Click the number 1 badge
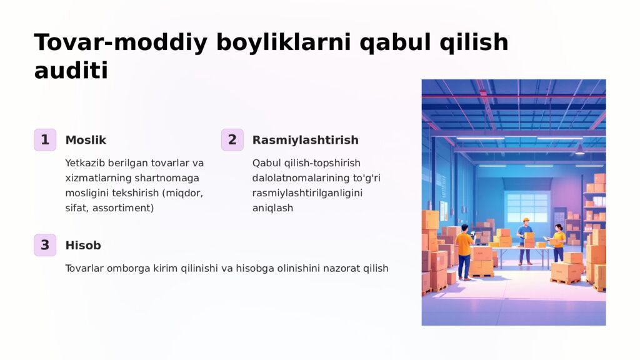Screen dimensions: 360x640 click(45, 140)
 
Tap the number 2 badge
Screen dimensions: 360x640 click(232, 140)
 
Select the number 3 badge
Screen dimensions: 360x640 click(45, 245)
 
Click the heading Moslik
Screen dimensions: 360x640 click(86, 140)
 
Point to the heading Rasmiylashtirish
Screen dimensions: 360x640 click(305, 140)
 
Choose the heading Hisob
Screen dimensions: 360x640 click(83, 246)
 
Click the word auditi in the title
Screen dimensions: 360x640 click(71, 71)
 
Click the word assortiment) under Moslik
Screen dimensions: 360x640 click(123, 208)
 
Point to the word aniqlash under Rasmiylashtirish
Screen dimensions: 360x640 click(272, 208)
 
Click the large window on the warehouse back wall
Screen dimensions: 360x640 click(526, 207)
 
